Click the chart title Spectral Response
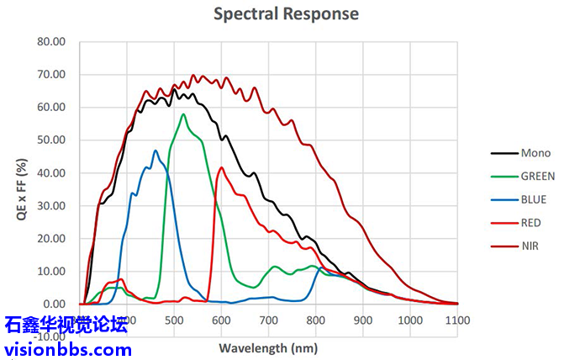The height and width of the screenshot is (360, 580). pos(286,13)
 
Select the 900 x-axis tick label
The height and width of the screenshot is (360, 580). pos(362,320)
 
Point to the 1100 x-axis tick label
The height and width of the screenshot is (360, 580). pos(457,320)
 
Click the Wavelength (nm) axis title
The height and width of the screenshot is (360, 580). pos(269,347)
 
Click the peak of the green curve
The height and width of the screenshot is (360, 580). pos(183,114)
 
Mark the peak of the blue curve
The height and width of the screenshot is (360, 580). pos(156,151)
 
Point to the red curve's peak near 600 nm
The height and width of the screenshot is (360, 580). pos(222,167)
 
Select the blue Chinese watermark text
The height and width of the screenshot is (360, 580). pos(66,325)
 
